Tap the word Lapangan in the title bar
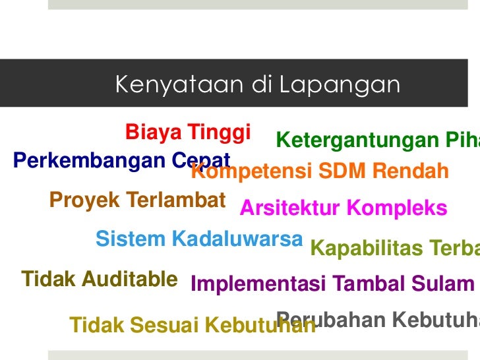click(x=339, y=85)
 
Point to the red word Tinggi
click(x=219, y=133)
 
